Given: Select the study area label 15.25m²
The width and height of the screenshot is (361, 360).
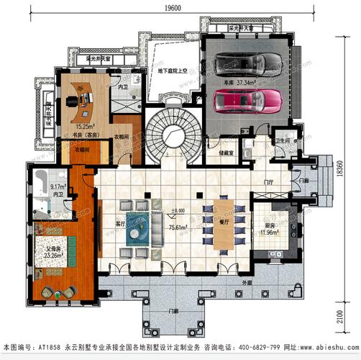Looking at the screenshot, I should point(67,127).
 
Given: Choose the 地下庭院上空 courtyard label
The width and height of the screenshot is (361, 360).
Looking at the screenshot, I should point(172,71).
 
